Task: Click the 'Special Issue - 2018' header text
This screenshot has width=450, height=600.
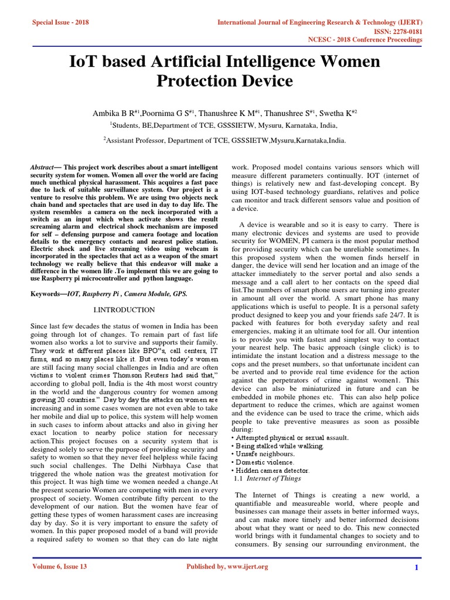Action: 61,22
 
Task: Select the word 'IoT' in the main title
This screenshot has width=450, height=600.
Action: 87,61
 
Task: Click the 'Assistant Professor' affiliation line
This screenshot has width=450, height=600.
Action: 224,140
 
